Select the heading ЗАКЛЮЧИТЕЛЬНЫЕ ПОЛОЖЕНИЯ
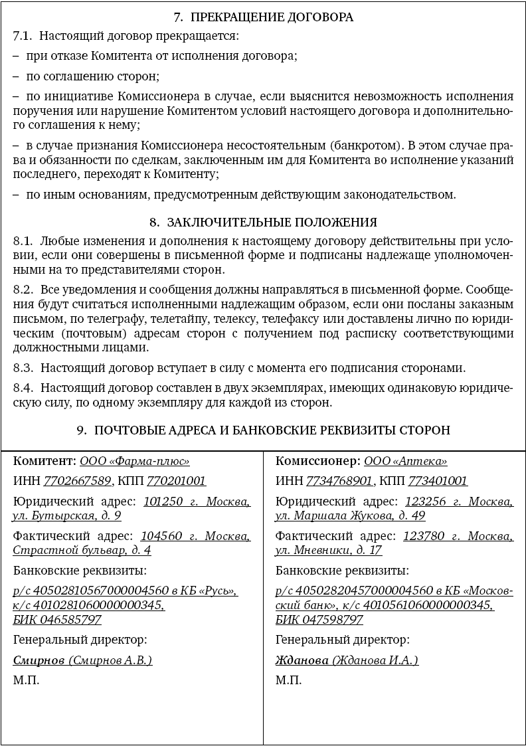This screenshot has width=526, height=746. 272,222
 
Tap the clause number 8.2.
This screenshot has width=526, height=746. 23,290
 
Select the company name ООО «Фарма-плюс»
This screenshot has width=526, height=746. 135,461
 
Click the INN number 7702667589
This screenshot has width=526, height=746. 78,481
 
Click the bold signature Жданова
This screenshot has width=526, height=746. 302,660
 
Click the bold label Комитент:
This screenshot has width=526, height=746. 44,461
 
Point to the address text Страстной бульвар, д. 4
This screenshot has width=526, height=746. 82,550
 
